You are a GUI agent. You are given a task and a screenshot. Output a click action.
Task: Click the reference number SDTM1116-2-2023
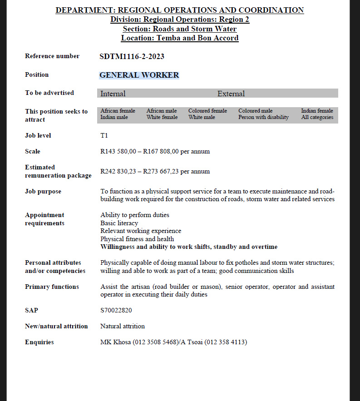click(x=132, y=57)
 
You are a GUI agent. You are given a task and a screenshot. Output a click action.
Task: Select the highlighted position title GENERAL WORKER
click(x=139, y=75)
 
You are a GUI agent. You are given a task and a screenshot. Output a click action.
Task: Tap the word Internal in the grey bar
click(x=113, y=94)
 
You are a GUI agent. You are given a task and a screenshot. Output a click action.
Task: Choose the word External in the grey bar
click(x=231, y=94)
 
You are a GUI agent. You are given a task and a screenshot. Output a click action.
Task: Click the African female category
click(x=118, y=111)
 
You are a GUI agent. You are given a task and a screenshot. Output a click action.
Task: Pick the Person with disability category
click(x=263, y=117)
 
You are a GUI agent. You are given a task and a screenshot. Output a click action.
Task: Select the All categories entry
click(x=317, y=117)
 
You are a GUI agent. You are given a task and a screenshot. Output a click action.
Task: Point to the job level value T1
click(x=104, y=135)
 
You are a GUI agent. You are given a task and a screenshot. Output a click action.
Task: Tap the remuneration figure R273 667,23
click(x=161, y=171)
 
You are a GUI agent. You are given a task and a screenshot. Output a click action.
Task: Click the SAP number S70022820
click(x=116, y=310)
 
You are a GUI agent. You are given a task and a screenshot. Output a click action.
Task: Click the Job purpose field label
click(x=43, y=191)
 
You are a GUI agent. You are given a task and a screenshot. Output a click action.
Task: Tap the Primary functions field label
click(x=52, y=287)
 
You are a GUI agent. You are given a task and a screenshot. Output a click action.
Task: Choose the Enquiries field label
click(x=39, y=342)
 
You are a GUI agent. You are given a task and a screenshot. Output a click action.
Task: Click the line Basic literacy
click(x=119, y=223)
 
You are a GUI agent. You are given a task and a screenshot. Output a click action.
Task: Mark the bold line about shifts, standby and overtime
click(x=189, y=247)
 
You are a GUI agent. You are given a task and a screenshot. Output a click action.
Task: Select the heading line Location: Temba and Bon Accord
click(x=180, y=38)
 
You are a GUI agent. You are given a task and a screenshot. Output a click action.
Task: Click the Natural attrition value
click(x=123, y=326)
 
